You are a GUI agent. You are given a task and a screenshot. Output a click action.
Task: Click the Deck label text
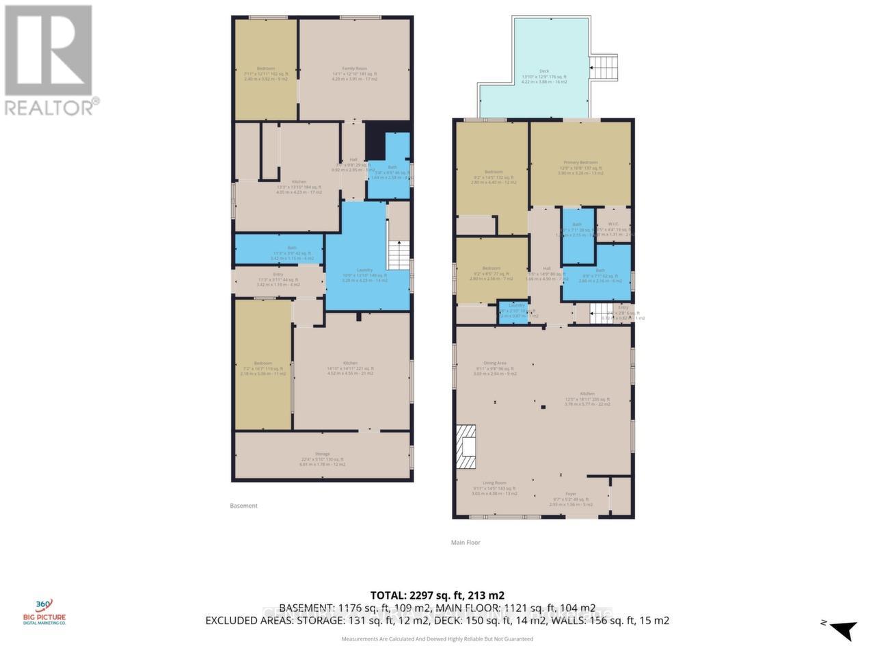544,71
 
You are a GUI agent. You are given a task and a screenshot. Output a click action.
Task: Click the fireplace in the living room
466,446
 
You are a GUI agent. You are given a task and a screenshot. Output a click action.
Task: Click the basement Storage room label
322,454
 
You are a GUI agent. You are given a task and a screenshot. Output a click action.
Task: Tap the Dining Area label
495,363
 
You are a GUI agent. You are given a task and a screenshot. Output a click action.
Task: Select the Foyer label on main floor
571,493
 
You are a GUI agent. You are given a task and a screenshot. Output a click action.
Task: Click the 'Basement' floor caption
243,506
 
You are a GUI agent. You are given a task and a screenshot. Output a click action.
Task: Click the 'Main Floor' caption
465,542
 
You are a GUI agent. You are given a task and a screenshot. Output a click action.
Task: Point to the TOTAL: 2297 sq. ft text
437,595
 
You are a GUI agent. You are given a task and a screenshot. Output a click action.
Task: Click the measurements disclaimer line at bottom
437,639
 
